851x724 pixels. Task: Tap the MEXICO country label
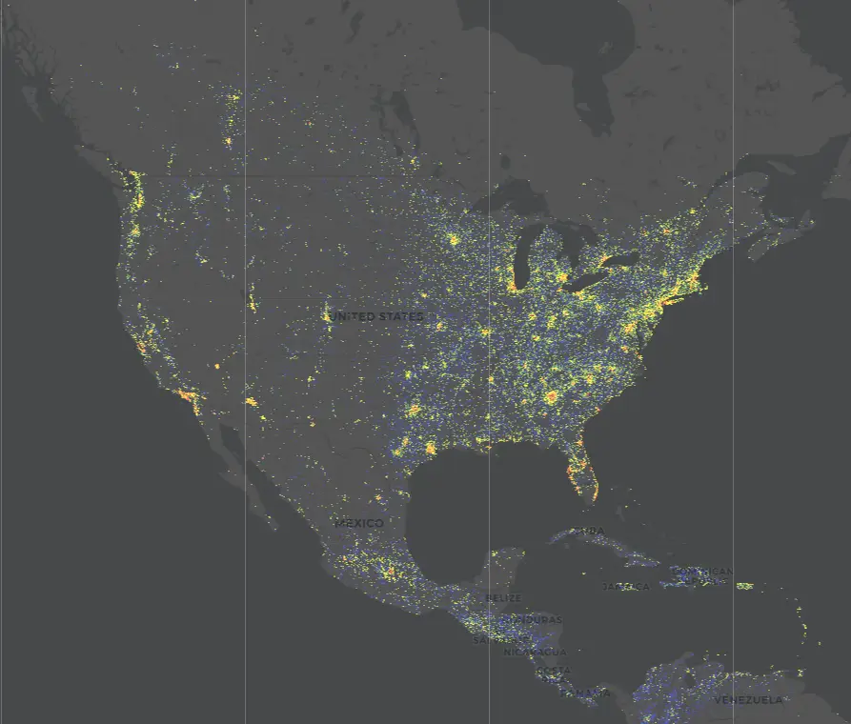tap(359, 523)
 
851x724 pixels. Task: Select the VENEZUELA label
tap(749, 700)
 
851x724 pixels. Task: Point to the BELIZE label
tap(503, 598)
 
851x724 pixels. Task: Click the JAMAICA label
tap(625, 587)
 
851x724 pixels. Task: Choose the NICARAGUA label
tap(535, 653)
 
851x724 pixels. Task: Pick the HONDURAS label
tap(534, 620)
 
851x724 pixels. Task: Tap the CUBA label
tap(589, 532)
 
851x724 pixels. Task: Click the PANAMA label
tap(591, 693)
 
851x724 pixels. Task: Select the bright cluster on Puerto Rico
tap(744, 586)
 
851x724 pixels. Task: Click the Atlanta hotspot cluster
tap(551, 396)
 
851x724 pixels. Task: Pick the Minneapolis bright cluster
tap(454, 239)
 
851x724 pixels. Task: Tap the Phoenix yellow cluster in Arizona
tap(251, 402)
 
